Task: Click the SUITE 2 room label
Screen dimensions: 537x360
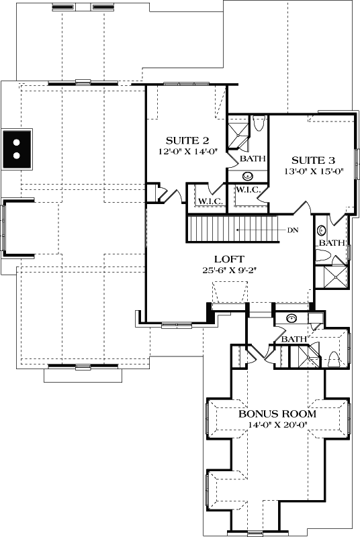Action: click(187, 140)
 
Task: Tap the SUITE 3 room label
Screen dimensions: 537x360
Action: click(313, 160)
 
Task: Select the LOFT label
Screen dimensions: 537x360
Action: click(228, 259)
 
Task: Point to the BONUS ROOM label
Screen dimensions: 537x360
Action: click(277, 413)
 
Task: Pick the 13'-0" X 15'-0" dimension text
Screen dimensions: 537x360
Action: click(313, 171)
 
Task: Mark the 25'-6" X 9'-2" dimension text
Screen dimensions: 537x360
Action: click(228, 270)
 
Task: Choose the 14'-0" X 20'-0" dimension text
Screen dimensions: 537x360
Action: click(277, 424)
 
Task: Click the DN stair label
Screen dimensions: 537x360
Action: click(291, 230)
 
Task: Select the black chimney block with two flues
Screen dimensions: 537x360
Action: click(17, 148)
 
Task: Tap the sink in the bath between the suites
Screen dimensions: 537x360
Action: click(248, 176)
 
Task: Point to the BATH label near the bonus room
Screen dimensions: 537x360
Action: click(294, 339)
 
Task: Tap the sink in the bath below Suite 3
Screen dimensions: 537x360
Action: click(320, 228)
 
